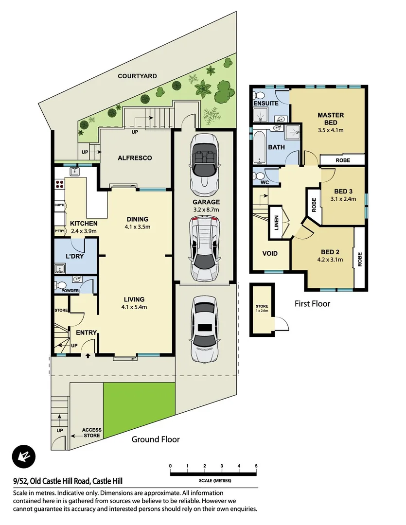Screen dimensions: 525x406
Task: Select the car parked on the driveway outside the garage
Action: tap(204, 330)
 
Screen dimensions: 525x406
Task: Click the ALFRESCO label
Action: tap(135, 158)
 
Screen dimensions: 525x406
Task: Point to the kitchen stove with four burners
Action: tap(60, 185)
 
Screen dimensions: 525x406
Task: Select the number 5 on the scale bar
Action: tap(256, 466)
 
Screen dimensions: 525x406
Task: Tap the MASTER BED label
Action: tap(331, 119)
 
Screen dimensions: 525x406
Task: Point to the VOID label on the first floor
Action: tap(270, 253)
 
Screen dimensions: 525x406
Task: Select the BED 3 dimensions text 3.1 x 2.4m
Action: tap(343, 199)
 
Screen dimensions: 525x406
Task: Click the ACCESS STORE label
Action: tap(91, 433)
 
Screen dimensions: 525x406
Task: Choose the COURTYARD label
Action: tap(137, 76)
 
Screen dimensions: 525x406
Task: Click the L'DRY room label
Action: tap(75, 256)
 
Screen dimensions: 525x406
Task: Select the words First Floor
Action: tap(312, 304)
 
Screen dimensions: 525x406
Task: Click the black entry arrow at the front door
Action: tap(88, 356)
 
